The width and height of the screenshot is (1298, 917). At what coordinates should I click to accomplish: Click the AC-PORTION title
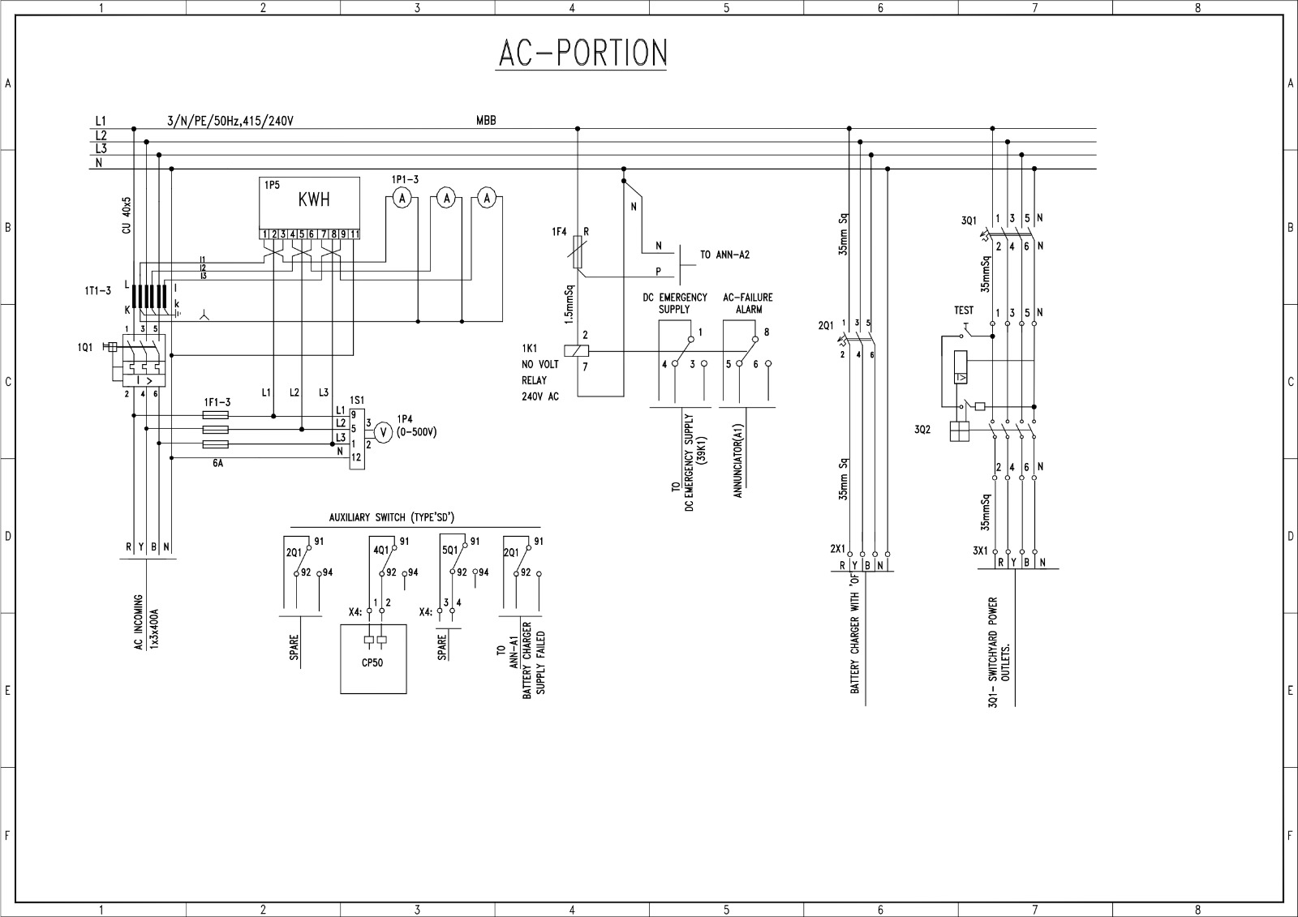coord(582,53)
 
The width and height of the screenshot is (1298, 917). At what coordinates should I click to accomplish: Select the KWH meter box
coord(309,203)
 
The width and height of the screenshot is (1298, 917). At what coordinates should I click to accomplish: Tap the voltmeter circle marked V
coord(386,433)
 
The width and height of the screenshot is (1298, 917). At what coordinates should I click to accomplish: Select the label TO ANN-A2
coord(724,255)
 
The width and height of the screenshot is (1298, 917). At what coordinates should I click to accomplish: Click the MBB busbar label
coord(486,121)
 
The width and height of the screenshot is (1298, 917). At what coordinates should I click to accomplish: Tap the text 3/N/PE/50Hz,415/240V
coord(230,122)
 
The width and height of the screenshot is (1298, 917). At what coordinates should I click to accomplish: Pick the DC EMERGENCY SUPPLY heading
coord(675,303)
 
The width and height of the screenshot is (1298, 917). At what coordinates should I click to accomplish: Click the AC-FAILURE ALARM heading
coord(748,303)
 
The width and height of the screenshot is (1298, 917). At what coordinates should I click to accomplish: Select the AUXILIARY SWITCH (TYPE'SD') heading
coord(397,517)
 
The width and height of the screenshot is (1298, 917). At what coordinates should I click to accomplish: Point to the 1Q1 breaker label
coord(85,347)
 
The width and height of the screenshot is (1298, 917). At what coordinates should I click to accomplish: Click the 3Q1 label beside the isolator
coord(969,221)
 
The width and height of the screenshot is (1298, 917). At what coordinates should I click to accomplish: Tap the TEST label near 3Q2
coord(964,311)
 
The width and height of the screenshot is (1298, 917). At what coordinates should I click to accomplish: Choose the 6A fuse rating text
coord(217,464)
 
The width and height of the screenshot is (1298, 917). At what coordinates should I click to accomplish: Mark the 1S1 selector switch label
coord(357,401)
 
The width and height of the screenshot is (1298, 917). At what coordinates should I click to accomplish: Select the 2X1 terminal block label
coord(837,549)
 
